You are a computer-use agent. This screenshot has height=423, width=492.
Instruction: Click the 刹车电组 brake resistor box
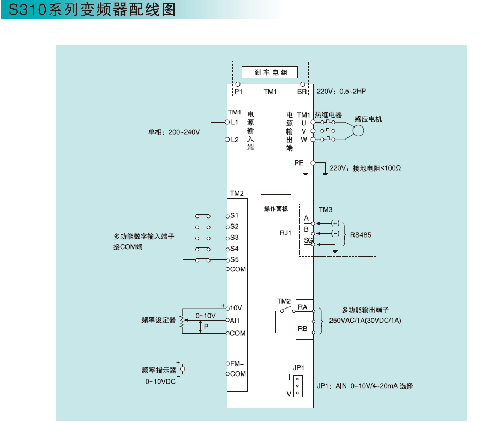pyautogui.click(x=271, y=72)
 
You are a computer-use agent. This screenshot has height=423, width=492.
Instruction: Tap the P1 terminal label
pyautogui.click(x=238, y=92)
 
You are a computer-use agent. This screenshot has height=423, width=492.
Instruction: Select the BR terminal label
pyautogui.click(x=302, y=92)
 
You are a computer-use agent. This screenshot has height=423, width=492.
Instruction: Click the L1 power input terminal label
pyautogui.click(x=235, y=122)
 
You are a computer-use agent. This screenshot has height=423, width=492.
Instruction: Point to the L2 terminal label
pyautogui.click(x=235, y=140)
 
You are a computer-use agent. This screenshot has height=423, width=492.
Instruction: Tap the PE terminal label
pyautogui.click(x=299, y=162)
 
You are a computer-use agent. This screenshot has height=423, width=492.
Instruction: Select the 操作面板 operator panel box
pyautogui.click(x=276, y=209)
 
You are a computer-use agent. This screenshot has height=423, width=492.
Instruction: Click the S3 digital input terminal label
pyautogui.click(x=234, y=237)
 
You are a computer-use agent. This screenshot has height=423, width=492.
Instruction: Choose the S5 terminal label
pyautogui.click(x=234, y=259)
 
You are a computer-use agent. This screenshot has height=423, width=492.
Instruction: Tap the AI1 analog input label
pyautogui.click(x=236, y=321)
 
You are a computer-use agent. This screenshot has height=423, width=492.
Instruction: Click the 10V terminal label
pyautogui.click(x=236, y=308)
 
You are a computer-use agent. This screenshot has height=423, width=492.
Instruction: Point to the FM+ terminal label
pyautogui.click(x=237, y=363)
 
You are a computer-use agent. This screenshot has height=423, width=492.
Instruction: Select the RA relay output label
pyautogui.click(x=303, y=307)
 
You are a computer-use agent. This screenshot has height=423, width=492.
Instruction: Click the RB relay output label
pyautogui.click(x=303, y=329)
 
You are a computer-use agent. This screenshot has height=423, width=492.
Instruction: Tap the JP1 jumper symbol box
pyautogui.click(x=298, y=386)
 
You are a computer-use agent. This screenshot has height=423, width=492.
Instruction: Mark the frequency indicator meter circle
pyautogui.click(x=183, y=369)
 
